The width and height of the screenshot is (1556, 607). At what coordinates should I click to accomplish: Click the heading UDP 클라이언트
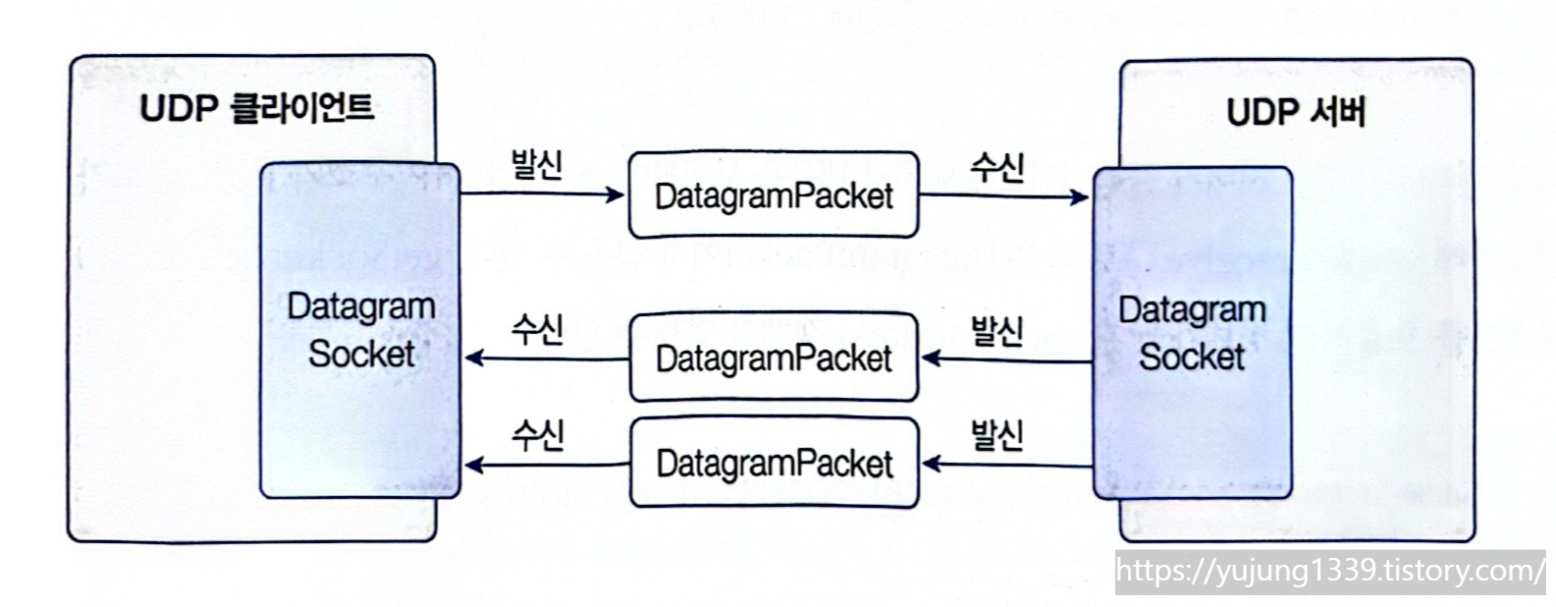(x=256, y=106)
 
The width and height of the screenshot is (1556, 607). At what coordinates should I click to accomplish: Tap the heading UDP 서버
(x=1296, y=112)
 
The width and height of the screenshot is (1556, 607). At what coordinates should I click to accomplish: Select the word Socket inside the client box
(x=361, y=354)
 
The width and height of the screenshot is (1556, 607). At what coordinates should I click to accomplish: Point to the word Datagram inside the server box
(x=1192, y=310)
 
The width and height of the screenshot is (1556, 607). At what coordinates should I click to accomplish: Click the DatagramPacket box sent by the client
(x=774, y=195)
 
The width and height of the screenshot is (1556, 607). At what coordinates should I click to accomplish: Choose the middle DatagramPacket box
(x=774, y=358)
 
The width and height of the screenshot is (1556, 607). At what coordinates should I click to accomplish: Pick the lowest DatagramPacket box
(x=774, y=463)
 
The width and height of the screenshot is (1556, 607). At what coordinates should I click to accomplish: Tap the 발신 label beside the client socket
(x=536, y=163)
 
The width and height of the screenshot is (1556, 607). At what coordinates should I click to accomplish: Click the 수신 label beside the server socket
(x=996, y=166)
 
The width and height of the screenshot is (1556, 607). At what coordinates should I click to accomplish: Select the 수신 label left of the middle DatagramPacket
(x=537, y=329)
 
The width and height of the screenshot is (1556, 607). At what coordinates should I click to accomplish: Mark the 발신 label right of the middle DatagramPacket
(x=996, y=330)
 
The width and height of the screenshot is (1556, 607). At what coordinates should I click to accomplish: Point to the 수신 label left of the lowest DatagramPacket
(x=537, y=433)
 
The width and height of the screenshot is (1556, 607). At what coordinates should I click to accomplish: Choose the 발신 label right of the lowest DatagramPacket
(x=996, y=433)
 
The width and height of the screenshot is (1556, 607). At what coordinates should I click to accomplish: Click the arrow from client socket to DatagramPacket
(x=542, y=194)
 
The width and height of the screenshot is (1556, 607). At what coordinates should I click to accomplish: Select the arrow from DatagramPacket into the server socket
(x=1003, y=196)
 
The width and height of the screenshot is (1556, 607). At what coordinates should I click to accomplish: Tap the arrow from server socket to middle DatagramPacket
(x=1007, y=360)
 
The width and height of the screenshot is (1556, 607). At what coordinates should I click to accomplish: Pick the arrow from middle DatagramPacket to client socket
(x=546, y=359)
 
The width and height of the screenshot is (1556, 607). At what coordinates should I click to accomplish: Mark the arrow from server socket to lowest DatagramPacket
(x=1007, y=464)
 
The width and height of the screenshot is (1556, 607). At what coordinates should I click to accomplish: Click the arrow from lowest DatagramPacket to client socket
(x=546, y=465)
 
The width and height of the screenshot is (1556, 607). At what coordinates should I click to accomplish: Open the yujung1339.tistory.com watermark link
(x=1330, y=571)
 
